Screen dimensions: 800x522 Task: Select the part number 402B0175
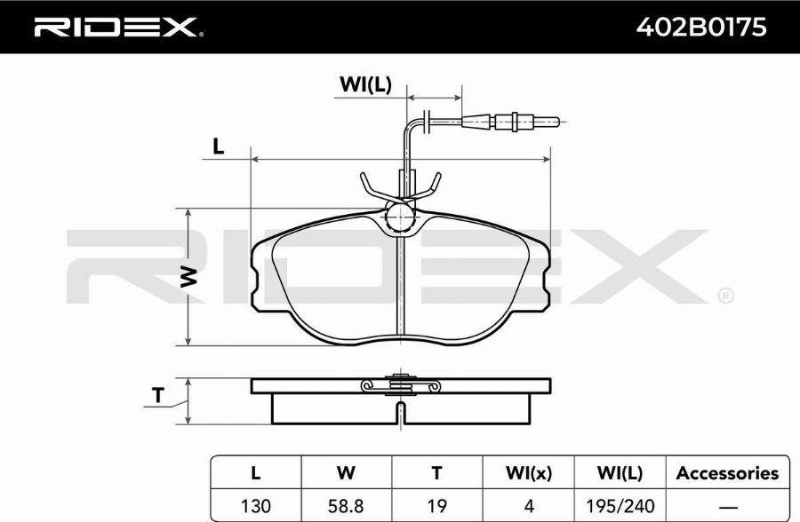(701, 27)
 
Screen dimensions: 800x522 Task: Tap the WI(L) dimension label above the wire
(365, 84)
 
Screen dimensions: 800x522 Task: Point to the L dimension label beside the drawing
(219, 146)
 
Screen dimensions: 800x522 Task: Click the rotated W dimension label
(188, 276)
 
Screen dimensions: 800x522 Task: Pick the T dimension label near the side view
(159, 396)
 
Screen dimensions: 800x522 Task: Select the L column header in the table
(256, 473)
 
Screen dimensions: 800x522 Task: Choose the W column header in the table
(346, 473)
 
